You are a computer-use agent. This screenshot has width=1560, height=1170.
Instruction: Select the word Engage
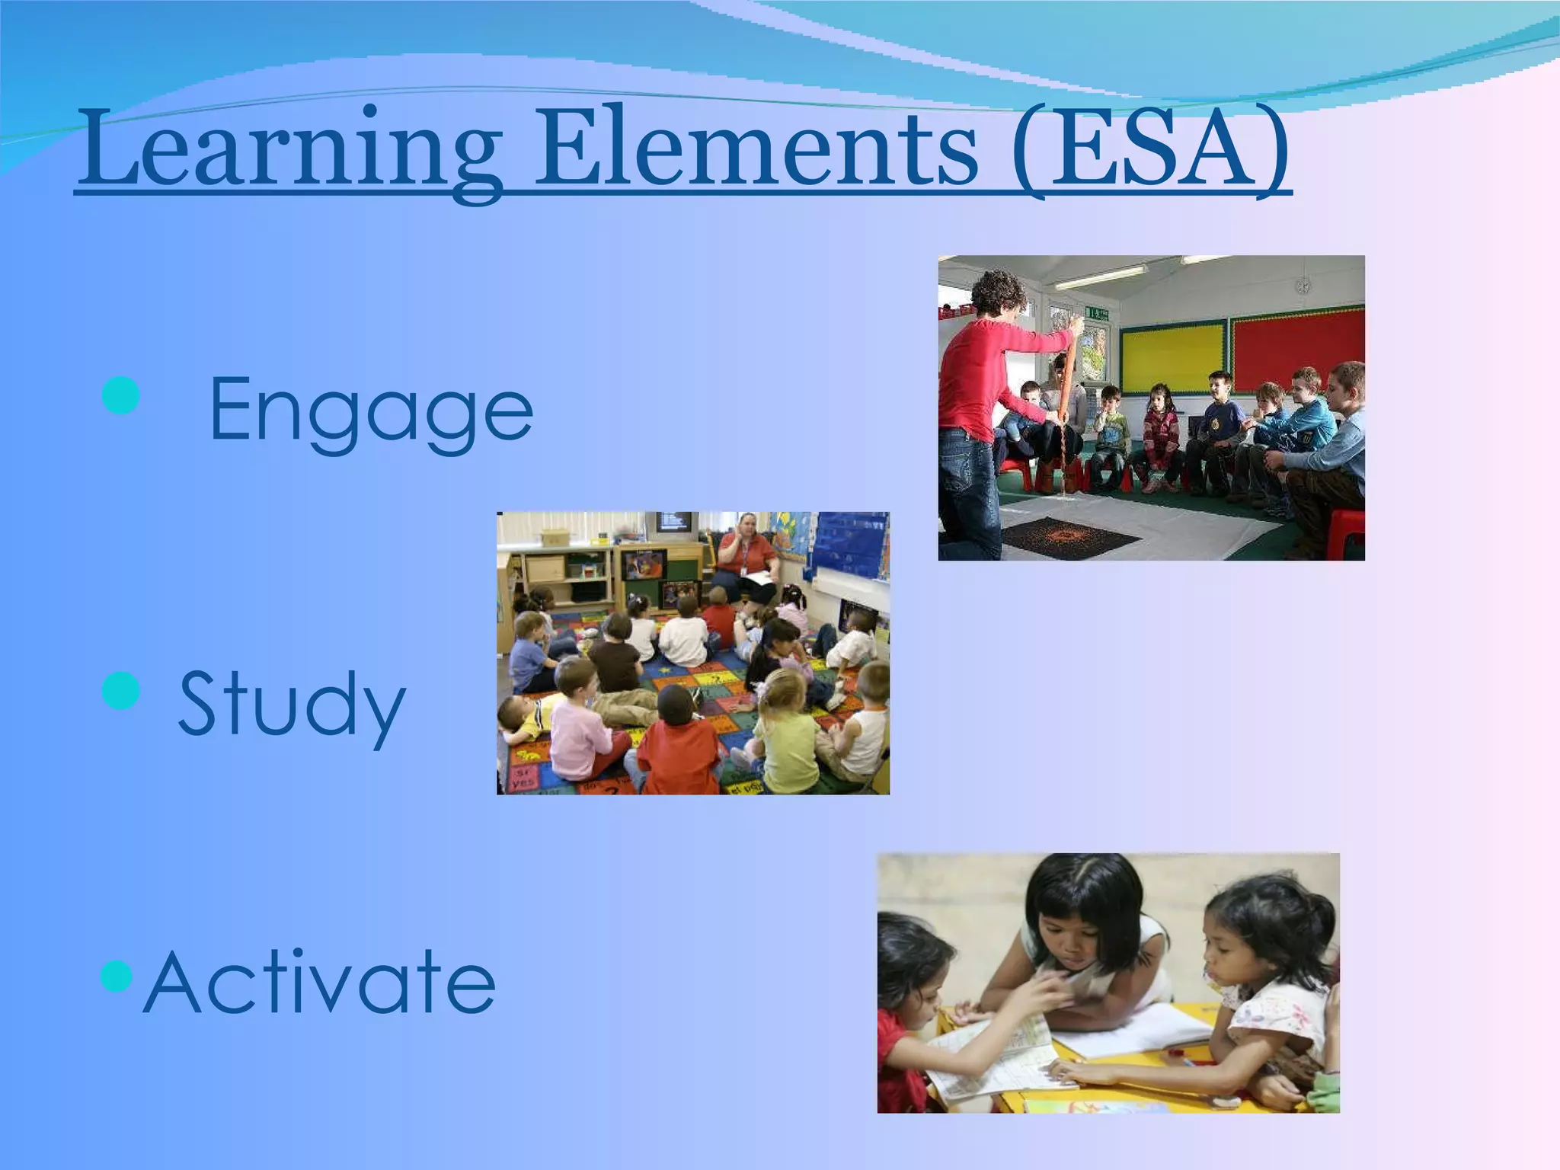(x=371, y=411)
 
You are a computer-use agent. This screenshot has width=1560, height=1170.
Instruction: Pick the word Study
(x=292, y=705)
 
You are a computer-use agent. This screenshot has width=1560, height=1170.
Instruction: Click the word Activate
(x=319, y=983)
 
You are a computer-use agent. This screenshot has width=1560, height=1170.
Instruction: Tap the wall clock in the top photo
(x=1303, y=286)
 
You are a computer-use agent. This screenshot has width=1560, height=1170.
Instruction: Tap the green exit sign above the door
(x=1098, y=311)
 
